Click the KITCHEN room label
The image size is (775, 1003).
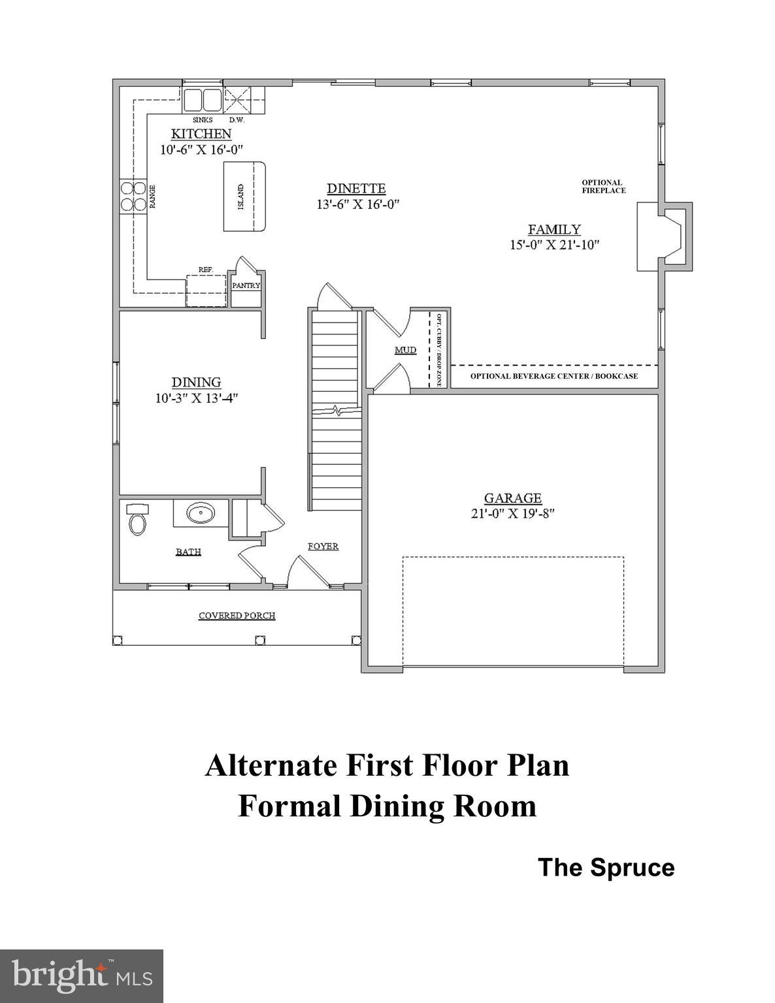coord(201,134)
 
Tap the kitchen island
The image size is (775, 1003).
coord(245,197)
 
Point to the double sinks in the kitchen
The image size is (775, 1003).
coord(202,101)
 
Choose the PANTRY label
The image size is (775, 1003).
coord(246,285)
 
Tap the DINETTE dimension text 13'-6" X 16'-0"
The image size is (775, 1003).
coord(356,204)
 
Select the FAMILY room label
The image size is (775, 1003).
coord(554,229)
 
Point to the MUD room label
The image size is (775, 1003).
coord(405,350)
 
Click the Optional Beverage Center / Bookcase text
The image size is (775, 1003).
coord(554,376)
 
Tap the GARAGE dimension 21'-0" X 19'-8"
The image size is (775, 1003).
coord(512,513)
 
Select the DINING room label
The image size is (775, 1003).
coord(196,382)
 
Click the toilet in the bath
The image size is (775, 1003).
coord(137,520)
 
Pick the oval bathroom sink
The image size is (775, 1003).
coord(201,513)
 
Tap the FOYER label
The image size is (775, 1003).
coord(323,546)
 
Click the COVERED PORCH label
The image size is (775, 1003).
coord(237,616)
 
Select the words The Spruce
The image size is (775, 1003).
coord(606,868)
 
